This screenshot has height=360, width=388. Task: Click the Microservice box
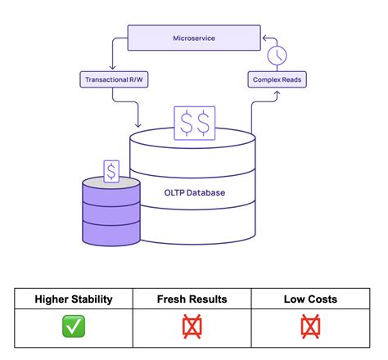193,38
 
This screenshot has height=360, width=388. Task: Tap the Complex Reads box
277,79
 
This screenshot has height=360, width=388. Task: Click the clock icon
277,56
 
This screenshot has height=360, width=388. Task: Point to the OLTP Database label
193,193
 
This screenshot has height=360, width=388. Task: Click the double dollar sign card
194,124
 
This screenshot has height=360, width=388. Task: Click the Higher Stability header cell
74,299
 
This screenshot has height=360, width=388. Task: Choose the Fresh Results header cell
193,299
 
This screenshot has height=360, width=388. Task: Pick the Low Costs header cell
310,299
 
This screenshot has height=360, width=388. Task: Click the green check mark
74,327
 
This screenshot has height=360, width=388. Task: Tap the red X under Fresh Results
193,327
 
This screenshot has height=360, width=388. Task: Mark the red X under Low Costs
310,327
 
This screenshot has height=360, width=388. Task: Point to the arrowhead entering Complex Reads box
277,92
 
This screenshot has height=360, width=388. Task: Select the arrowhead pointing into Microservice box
264,38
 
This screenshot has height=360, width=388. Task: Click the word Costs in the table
322,299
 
